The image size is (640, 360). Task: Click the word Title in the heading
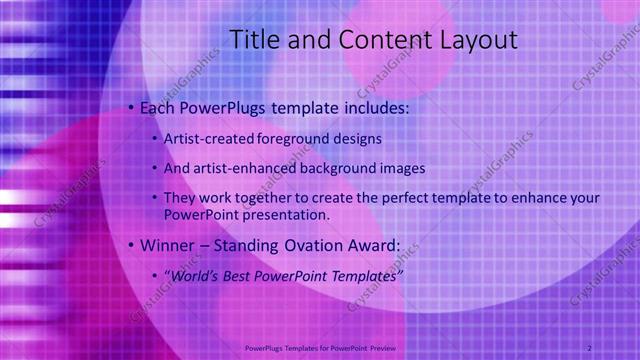click(254, 41)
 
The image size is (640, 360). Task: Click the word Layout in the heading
click(478, 41)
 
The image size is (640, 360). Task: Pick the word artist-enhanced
click(244, 168)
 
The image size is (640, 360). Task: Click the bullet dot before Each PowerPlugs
click(131, 107)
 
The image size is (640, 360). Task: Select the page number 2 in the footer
click(589, 347)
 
